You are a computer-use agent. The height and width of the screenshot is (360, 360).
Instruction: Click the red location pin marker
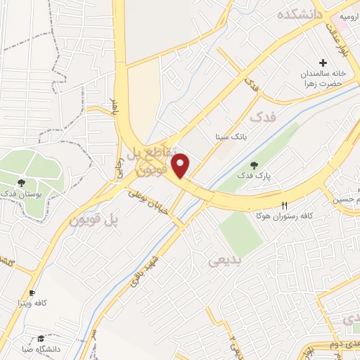[x=182, y=165]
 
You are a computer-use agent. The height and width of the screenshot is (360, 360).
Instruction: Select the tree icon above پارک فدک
[x=254, y=164]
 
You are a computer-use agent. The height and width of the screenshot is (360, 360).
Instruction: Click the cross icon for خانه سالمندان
[x=323, y=63]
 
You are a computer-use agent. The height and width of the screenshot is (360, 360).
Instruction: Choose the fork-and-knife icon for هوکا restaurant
[x=285, y=205]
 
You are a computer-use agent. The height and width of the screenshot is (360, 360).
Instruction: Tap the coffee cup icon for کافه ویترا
[x=31, y=292]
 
